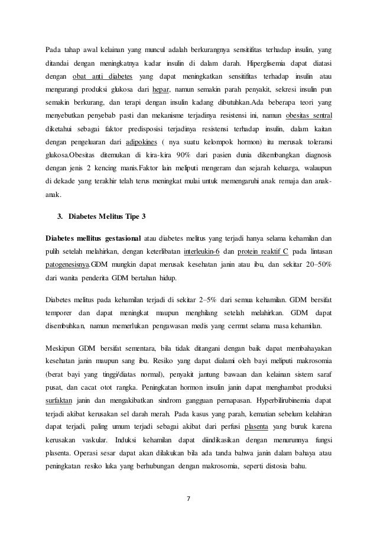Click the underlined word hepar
[x=161, y=89]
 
